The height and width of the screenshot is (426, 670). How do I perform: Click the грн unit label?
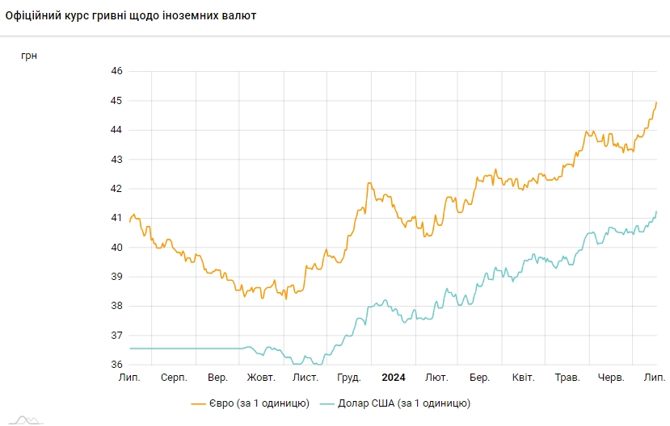[x=29, y=56]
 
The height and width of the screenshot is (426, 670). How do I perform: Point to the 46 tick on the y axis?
[x=116, y=72]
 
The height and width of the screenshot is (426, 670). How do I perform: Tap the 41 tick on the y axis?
[x=116, y=218]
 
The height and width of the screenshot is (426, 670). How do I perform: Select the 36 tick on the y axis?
[x=116, y=365]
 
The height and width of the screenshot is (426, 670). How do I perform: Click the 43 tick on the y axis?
[x=116, y=160]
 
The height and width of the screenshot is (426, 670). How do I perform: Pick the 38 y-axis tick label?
[x=116, y=306]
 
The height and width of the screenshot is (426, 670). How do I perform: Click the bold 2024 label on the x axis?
[x=394, y=378]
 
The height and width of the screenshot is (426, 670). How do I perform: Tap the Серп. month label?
[x=174, y=378]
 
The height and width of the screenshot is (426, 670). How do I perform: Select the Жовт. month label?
[x=261, y=378]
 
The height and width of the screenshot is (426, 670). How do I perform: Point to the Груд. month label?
[x=349, y=378]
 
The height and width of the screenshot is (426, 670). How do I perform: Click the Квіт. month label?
[x=523, y=378]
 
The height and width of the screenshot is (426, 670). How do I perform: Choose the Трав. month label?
[x=567, y=378]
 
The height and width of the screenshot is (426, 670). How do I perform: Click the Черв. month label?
[x=611, y=378]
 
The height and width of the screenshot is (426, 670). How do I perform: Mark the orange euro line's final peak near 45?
[x=656, y=102]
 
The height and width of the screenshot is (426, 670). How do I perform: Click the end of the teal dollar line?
[x=656, y=211]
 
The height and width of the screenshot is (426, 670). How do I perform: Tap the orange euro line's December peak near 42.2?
[x=369, y=183]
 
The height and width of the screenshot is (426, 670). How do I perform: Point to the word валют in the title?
[x=240, y=16]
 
